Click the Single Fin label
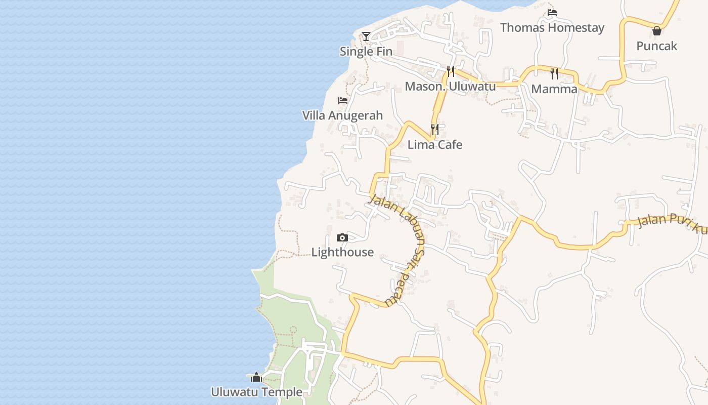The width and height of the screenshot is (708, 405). point(366,51)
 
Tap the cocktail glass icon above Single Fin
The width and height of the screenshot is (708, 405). point(366,36)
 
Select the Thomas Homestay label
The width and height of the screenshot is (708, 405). point(552,27)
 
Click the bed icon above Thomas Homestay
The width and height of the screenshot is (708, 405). point(552,13)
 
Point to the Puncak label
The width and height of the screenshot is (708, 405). point(656,46)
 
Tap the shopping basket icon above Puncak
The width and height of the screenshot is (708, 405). point(656,31)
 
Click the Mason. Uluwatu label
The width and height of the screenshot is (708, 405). point(450,86)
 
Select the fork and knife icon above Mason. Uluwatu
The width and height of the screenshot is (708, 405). point(451,71)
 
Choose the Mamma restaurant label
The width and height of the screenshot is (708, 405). point(554,89)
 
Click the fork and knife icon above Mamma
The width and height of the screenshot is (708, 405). point(554,74)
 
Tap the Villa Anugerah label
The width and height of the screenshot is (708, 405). point(342,115)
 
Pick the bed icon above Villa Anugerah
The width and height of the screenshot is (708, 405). point(343,100)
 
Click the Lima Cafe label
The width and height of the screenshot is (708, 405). point(435,145)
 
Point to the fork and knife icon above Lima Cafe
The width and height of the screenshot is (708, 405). point(435,130)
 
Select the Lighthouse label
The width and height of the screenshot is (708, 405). point(342,252)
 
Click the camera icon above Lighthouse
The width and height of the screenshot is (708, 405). point(342,237)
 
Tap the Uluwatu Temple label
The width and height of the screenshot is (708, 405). point(256,392)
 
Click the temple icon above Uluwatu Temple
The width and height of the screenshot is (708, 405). point(256,377)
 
